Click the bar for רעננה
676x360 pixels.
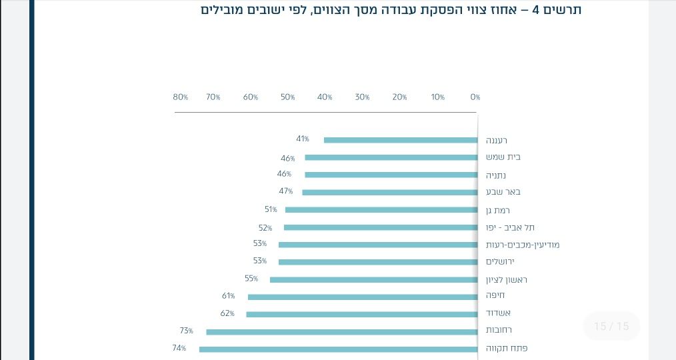pos(401,140)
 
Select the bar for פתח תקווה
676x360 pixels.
pos(338,349)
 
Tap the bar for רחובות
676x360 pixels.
pos(341,331)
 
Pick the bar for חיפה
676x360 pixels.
pos(363,297)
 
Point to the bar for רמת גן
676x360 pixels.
pos(381,209)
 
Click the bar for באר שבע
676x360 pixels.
pos(390,192)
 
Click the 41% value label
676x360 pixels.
pos(303,139)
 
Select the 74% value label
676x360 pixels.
pos(179,348)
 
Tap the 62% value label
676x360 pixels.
pos(227,313)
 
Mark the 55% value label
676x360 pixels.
pos(251,279)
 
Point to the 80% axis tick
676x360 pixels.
pos(181,97)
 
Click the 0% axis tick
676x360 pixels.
pos(475,97)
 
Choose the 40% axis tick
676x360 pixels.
pos(325,97)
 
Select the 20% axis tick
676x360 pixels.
pos(399,97)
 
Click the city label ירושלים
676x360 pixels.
pos(501,262)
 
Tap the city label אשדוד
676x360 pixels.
pos(499,313)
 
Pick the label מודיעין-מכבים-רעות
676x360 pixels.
pos(523,245)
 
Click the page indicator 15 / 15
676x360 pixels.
pos(611,326)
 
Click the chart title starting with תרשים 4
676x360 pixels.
pos(391,10)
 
